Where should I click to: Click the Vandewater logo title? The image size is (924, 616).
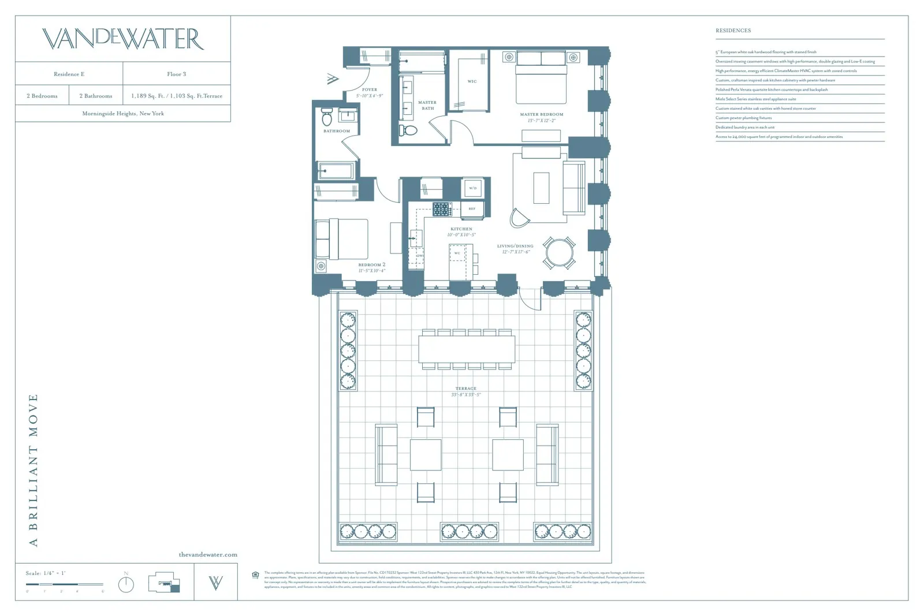[x=123, y=39]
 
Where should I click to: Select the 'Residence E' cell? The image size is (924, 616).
[x=69, y=74]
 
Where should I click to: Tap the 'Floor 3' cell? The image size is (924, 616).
[x=176, y=74]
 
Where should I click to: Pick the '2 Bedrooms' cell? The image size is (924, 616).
[x=42, y=96]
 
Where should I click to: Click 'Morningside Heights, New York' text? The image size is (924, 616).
[x=123, y=114]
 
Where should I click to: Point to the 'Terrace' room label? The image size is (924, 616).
[x=465, y=389]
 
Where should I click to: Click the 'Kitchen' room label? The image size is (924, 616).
[x=461, y=229]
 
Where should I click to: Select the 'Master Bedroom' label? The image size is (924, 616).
[x=541, y=114]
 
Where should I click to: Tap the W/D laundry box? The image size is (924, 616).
[x=472, y=188]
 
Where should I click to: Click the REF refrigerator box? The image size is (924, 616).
[x=472, y=208]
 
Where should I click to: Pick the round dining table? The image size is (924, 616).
[x=559, y=252]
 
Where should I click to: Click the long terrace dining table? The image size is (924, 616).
[x=467, y=349]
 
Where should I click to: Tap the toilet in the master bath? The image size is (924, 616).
[x=408, y=130]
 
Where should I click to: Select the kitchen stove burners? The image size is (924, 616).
[x=442, y=209]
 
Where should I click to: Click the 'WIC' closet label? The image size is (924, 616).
[x=472, y=81]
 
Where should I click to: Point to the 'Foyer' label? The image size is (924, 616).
[x=370, y=89]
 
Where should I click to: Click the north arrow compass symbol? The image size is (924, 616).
[x=126, y=584]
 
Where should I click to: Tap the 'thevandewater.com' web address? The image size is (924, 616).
[x=208, y=555]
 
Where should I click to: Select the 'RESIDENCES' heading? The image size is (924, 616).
[x=733, y=31]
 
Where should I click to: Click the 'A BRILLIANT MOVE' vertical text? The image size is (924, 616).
[x=33, y=470]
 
